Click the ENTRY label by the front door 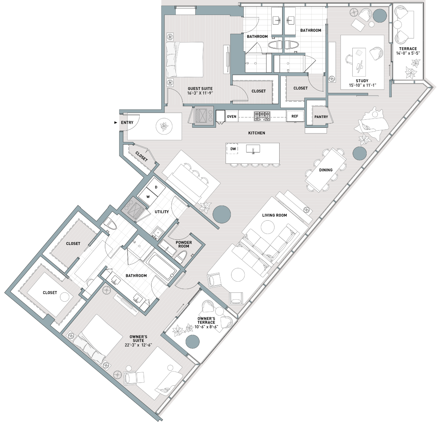click(x=127, y=123)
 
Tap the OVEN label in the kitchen click(x=231, y=116)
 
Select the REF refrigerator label click(x=295, y=116)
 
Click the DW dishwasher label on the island click(x=233, y=149)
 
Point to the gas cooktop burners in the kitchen click(x=262, y=116)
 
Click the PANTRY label click(x=321, y=117)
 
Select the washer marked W click(x=148, y=197)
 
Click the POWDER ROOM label click(x=184, y=244)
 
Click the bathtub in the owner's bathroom click(x=161, y=266)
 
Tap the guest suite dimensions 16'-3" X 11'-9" click(x=200, y=93)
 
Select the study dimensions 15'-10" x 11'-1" click(x=362, y=85)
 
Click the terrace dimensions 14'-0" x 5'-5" click(x=408, y=53)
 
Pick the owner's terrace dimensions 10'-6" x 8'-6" click(x=206, y=327)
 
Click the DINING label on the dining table click(x=326, y=170)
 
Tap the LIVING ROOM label click(x=275, y=215)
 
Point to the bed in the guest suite click(x=185, y=60)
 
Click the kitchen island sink click(x=253, y=149)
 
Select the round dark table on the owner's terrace click(x=193, y=342)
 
